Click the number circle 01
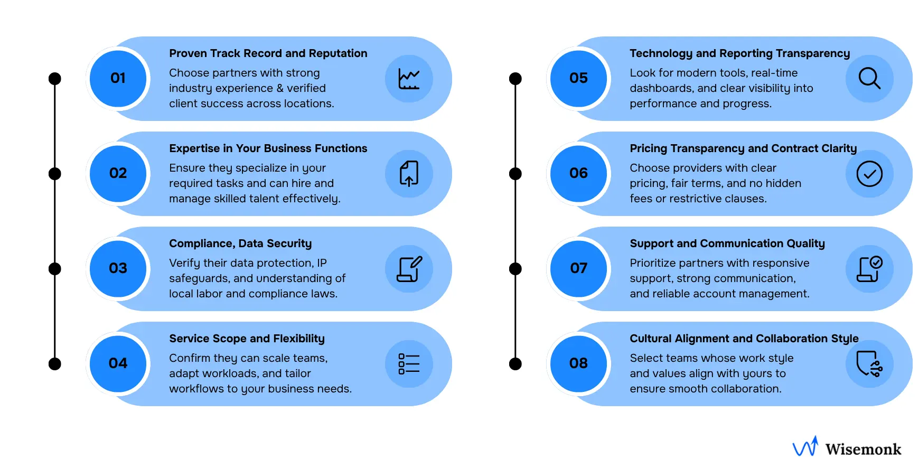[x=118, y=79]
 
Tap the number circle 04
[x=118, y=364]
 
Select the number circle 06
[x=578, y=174]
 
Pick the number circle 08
[x=578, y=364]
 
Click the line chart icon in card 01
[x=409, y=79]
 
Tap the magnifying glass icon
[x=869, y=79]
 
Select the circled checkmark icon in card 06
[x=869, y=174]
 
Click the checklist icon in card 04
[x=409, y=364]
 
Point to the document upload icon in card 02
[x=409, y=174]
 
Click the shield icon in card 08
[x=868, y=364]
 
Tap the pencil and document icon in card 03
[x=409, y=269]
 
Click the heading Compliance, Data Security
[x=240, y=243]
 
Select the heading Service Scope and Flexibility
[x=247, y=339]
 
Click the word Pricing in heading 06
[x=648, y=149]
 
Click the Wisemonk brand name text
[x=863, y=449]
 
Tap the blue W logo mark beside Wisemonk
[x=805, y=447]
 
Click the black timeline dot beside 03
[x=55, y=269]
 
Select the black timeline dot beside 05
[x=515, y=79]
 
